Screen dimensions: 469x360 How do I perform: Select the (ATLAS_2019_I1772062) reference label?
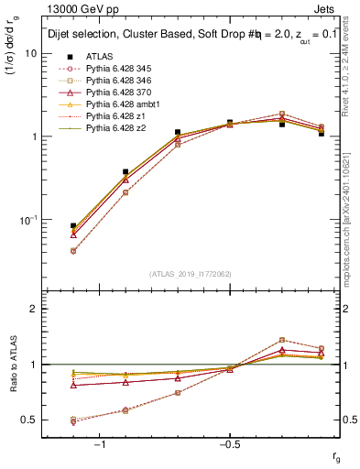pyautogui.click(x=189, y=273)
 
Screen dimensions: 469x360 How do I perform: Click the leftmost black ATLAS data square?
pyautogui.click(x=73, y=225)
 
